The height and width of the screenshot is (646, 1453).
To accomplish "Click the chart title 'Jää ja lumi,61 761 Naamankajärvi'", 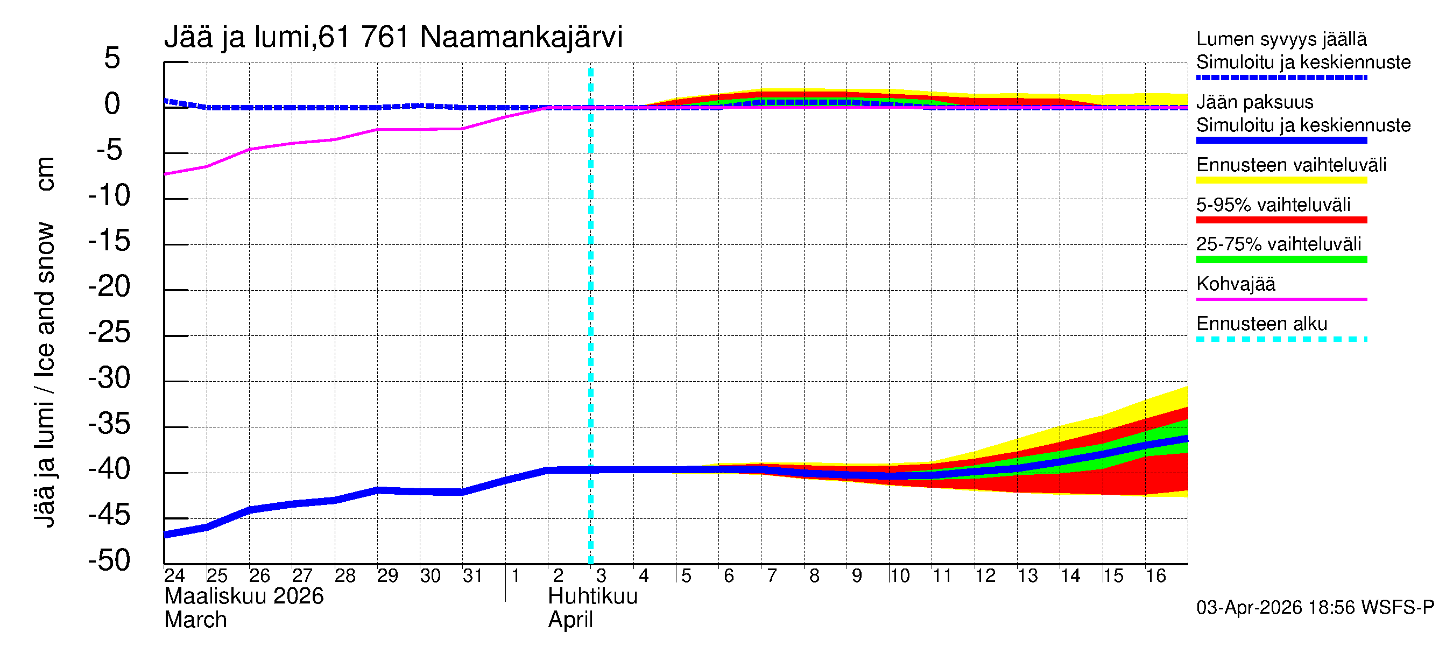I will [x=393, y=37].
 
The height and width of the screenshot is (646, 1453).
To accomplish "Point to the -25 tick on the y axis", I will [x=109, y=332].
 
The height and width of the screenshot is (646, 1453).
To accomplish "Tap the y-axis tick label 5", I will [x=112, y=58].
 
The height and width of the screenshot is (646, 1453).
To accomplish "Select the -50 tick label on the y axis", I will [x=109, y=560].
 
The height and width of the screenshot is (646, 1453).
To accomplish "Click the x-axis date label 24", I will [x=174, y=576].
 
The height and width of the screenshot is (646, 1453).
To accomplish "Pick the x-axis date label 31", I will [x=472, y=576].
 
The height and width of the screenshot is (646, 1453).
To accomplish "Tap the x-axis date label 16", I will [x=1155, y=576].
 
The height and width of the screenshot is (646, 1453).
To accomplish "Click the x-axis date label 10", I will [x=899, y=576].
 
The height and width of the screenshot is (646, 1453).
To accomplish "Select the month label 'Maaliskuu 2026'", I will [x=244, y=596].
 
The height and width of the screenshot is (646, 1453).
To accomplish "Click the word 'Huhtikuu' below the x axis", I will [x=593, y=596].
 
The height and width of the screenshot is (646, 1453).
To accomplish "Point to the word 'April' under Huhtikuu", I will [x=570, y=620].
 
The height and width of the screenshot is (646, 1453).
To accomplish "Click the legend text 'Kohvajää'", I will [x=1235, y=284].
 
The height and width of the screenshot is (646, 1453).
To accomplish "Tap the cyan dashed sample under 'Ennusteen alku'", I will [x=1281, y=339].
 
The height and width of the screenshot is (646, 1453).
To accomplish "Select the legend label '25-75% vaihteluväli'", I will [x=1278, y=244].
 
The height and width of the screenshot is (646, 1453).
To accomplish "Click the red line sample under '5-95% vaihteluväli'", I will [x=1281, y=220].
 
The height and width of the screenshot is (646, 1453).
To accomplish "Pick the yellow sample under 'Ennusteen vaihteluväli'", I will [x=1281, y=180].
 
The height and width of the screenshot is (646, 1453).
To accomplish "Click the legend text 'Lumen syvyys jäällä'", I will [x=1281, y=39].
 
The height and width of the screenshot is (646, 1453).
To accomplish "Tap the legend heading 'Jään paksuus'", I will [x=1254, y=102].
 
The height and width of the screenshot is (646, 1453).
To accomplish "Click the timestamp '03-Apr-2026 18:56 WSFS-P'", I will [x=1315, y=608].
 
